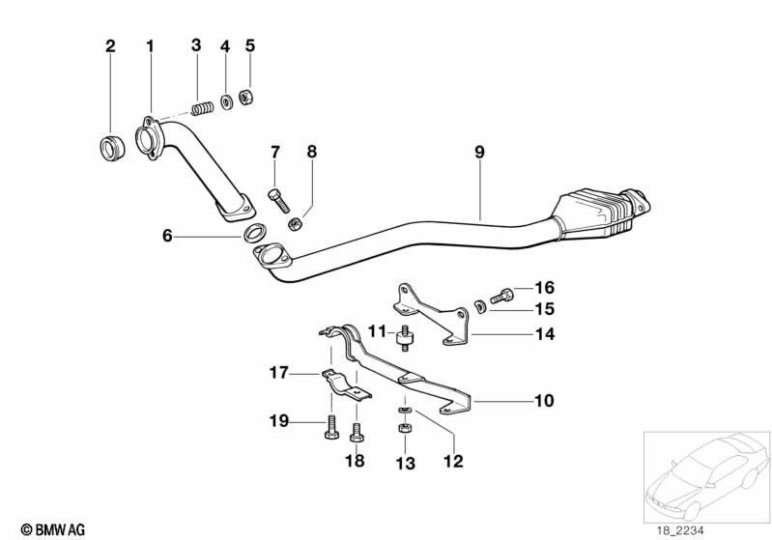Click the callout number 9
coord(479,152)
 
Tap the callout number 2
coord(109,45)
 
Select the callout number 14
coord(545,335)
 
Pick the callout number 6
coord(167,235)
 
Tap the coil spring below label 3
coord(203,107)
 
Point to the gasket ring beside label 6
coord(255,232)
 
